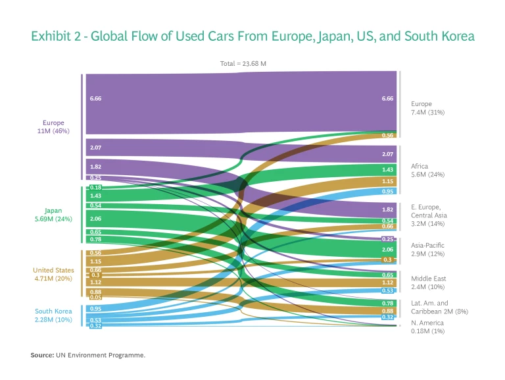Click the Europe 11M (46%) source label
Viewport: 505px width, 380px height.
click(54, 126)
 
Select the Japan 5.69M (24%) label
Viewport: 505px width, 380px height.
click(54, 215)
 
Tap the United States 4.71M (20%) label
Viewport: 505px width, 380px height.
click(54, 274)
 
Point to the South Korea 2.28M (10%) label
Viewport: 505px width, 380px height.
click(54, 315)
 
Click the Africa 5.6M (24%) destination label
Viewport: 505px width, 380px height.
click(427, 171)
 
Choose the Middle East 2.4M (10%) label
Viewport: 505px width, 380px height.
click(429, 283)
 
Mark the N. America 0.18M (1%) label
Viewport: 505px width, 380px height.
click(428, 327)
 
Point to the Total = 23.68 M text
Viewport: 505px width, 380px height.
click(243, 64)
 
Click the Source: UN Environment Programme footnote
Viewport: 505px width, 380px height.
click(87, 355)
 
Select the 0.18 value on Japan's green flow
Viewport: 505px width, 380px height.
click(95, 188)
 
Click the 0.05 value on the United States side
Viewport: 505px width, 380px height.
click(95, 298)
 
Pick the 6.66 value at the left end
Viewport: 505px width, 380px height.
click(95, 98)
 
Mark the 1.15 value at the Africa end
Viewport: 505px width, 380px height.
click(387, 181)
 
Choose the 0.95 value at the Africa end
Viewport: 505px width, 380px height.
click(387, 191)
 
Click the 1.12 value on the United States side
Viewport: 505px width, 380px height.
click(95, 282)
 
